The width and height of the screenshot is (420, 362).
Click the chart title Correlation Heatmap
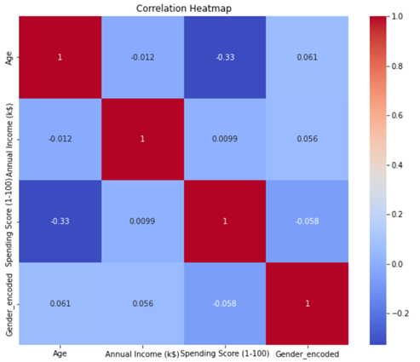click(183, 8)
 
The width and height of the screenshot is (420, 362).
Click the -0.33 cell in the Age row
click(224, 57)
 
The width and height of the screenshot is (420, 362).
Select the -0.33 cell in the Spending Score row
click(60, 221)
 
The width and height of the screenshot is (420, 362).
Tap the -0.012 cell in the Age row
click(141, 57)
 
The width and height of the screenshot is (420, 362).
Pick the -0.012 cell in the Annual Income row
click(60, 140)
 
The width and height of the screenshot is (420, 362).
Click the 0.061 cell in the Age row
click(307, 57)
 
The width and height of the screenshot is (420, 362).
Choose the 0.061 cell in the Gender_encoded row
click(60, 304)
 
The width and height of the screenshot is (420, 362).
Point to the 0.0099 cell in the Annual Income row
click(224, 140)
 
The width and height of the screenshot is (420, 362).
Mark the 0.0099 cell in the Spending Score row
click(141, 221)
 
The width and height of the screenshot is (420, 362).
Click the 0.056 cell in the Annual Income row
click(307, 140)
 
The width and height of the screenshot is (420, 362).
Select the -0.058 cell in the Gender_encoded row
click(224, 304)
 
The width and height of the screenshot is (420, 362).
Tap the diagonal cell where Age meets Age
click(60, 57)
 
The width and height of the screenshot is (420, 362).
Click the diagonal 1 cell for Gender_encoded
click(307, 304)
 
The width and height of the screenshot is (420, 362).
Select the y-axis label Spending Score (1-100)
click(9, 221)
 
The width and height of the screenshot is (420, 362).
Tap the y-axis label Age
click(9, 57)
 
